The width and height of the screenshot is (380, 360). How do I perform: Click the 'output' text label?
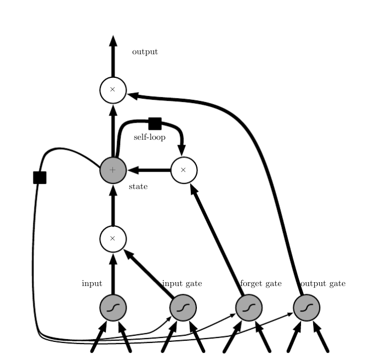(145, 52)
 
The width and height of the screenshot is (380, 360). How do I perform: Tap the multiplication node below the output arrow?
(113, 90)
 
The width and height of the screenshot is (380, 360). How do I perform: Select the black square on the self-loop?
(155, 123)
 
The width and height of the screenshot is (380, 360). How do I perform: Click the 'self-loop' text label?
(150, 137)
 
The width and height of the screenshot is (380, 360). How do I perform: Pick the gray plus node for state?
(113, 170)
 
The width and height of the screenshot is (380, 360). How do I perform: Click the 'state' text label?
(138, 187)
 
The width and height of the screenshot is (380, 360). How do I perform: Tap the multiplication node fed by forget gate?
(184, 170)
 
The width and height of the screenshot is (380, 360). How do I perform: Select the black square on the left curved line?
(39, 178)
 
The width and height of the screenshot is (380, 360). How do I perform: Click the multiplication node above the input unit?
(113, 239)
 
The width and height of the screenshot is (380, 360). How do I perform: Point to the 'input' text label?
(92, 283)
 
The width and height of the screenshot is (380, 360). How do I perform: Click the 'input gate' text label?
(182, 283)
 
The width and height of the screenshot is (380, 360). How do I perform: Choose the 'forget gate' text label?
(261, 283)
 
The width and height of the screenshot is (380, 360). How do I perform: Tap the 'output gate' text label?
(322, 283)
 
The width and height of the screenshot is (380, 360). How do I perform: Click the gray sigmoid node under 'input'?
(113, 308)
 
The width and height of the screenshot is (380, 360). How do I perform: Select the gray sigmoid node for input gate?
(183, 308)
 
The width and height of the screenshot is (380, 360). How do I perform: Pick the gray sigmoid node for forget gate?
(249, 308)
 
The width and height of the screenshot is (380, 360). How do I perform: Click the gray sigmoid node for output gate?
(307, 308)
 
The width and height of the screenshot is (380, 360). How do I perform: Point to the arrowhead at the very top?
(113, 42)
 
